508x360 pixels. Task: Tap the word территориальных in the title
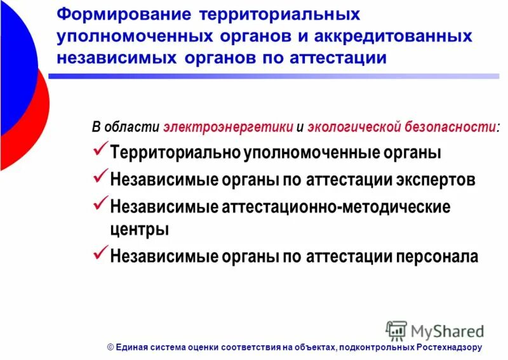(279, 14)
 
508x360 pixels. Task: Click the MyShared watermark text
(447, 331)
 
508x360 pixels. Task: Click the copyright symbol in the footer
(110, 347)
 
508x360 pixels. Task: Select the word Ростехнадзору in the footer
(450, 347)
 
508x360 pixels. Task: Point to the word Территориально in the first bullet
(175, 153)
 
